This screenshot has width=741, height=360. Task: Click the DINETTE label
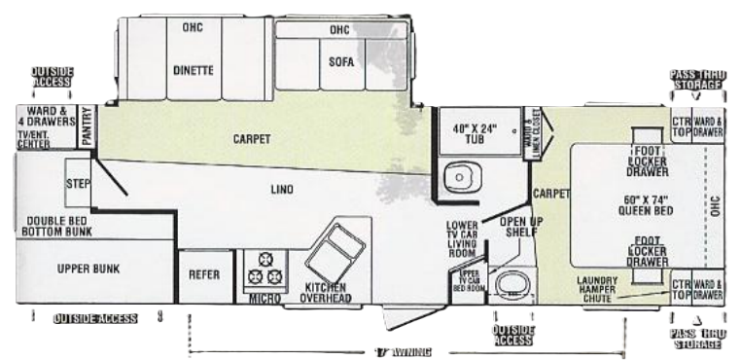click(194, 69)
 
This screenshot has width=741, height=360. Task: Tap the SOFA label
click(341, 61)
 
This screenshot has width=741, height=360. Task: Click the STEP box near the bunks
click(78, 184)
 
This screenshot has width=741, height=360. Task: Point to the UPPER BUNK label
click(87, 269)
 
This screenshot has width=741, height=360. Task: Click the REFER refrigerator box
click(203, 275)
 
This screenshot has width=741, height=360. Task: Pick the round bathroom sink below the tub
click(456, 179)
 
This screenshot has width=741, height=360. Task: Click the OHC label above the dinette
click(192, 27)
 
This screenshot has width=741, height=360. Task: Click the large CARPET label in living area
click(251, 138)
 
